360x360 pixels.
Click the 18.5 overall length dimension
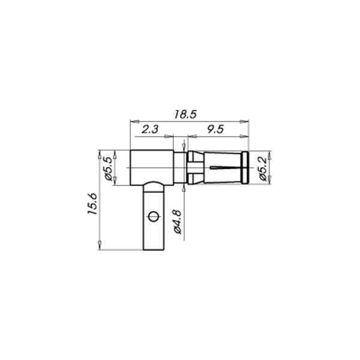pyautogui.click(x=185, y=115)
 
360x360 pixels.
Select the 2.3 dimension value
pyautogui.click(x=150, y=129)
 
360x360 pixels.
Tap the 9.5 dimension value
pyautogui.click(x=215, y=129)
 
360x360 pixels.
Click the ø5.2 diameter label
pyautogui.click(x=263, y=169)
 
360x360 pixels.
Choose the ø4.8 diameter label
pyautogui.click(x=178, y=221)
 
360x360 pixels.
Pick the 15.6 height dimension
pyautogui.click(x=93, y=204)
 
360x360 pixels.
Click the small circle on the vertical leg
pyautogui.click(x=153, y=216)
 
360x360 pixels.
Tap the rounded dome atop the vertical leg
pyautogui.click(x=154, y=183)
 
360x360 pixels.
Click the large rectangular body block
pyautogui.click(x=152, y=167)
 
